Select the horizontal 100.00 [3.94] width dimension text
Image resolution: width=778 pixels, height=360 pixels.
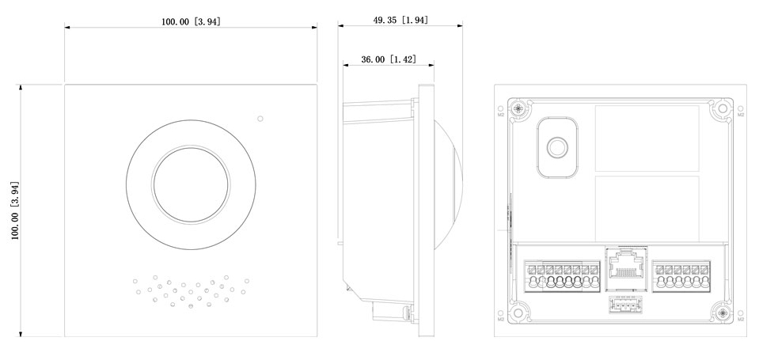[191, 22]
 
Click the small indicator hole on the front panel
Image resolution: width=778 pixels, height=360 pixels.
[260, 119]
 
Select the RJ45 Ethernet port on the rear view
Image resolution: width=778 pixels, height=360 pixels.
[624, 266]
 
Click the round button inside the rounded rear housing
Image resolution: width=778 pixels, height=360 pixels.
[558, 147]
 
